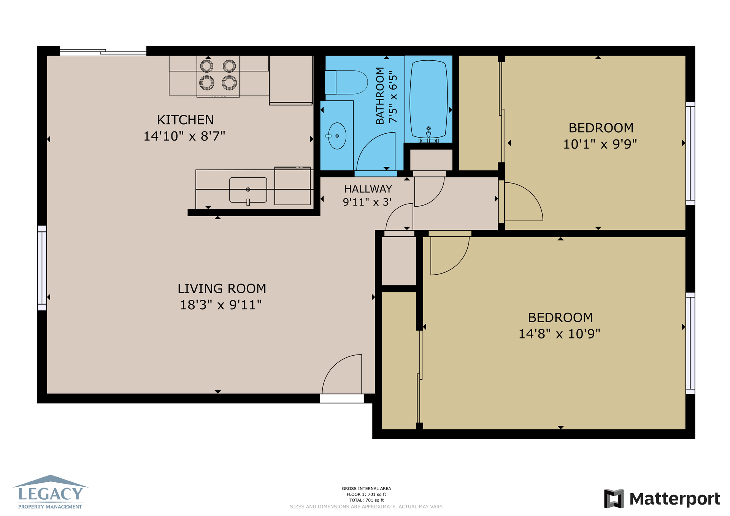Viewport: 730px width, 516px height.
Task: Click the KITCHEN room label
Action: tap(185, 120)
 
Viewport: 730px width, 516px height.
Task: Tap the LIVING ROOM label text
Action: tap(222, 288)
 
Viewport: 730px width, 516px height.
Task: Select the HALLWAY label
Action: tap(368, 189)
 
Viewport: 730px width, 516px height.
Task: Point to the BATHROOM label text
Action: tap(380, 96)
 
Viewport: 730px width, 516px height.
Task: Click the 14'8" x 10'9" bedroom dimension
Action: tap(559, 334)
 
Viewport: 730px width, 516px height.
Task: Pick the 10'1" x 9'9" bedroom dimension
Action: tap(600, 144)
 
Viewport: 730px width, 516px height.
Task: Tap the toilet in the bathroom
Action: tap(346, 82)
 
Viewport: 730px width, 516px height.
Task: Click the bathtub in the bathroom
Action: tap(428, 99)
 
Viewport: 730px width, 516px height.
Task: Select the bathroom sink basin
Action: tap(337, 136)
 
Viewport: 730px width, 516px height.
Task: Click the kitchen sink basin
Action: tap(248, 190)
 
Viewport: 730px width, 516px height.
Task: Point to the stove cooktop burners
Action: tap(218, 74)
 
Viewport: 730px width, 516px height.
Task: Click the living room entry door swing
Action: tap(342, 374)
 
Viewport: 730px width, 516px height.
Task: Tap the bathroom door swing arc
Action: tap(376, 151)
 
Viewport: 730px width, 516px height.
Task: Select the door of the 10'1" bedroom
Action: tap(524, 201)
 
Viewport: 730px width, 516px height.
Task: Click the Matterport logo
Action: tap(662, 499)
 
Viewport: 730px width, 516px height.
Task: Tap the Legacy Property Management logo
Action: tap(50, 492)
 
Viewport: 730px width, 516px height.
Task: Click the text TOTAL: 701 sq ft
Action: tap(367, 500)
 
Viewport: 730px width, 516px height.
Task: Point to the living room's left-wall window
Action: tap(42, 268)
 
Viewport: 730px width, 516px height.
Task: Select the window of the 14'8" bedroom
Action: tap(690, 343)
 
